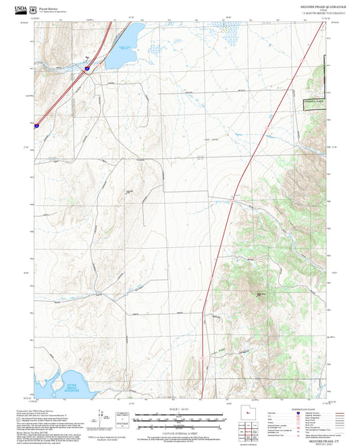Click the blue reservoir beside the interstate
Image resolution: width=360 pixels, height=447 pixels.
point(123,51)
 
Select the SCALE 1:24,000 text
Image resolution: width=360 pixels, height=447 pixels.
point(179,410)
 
